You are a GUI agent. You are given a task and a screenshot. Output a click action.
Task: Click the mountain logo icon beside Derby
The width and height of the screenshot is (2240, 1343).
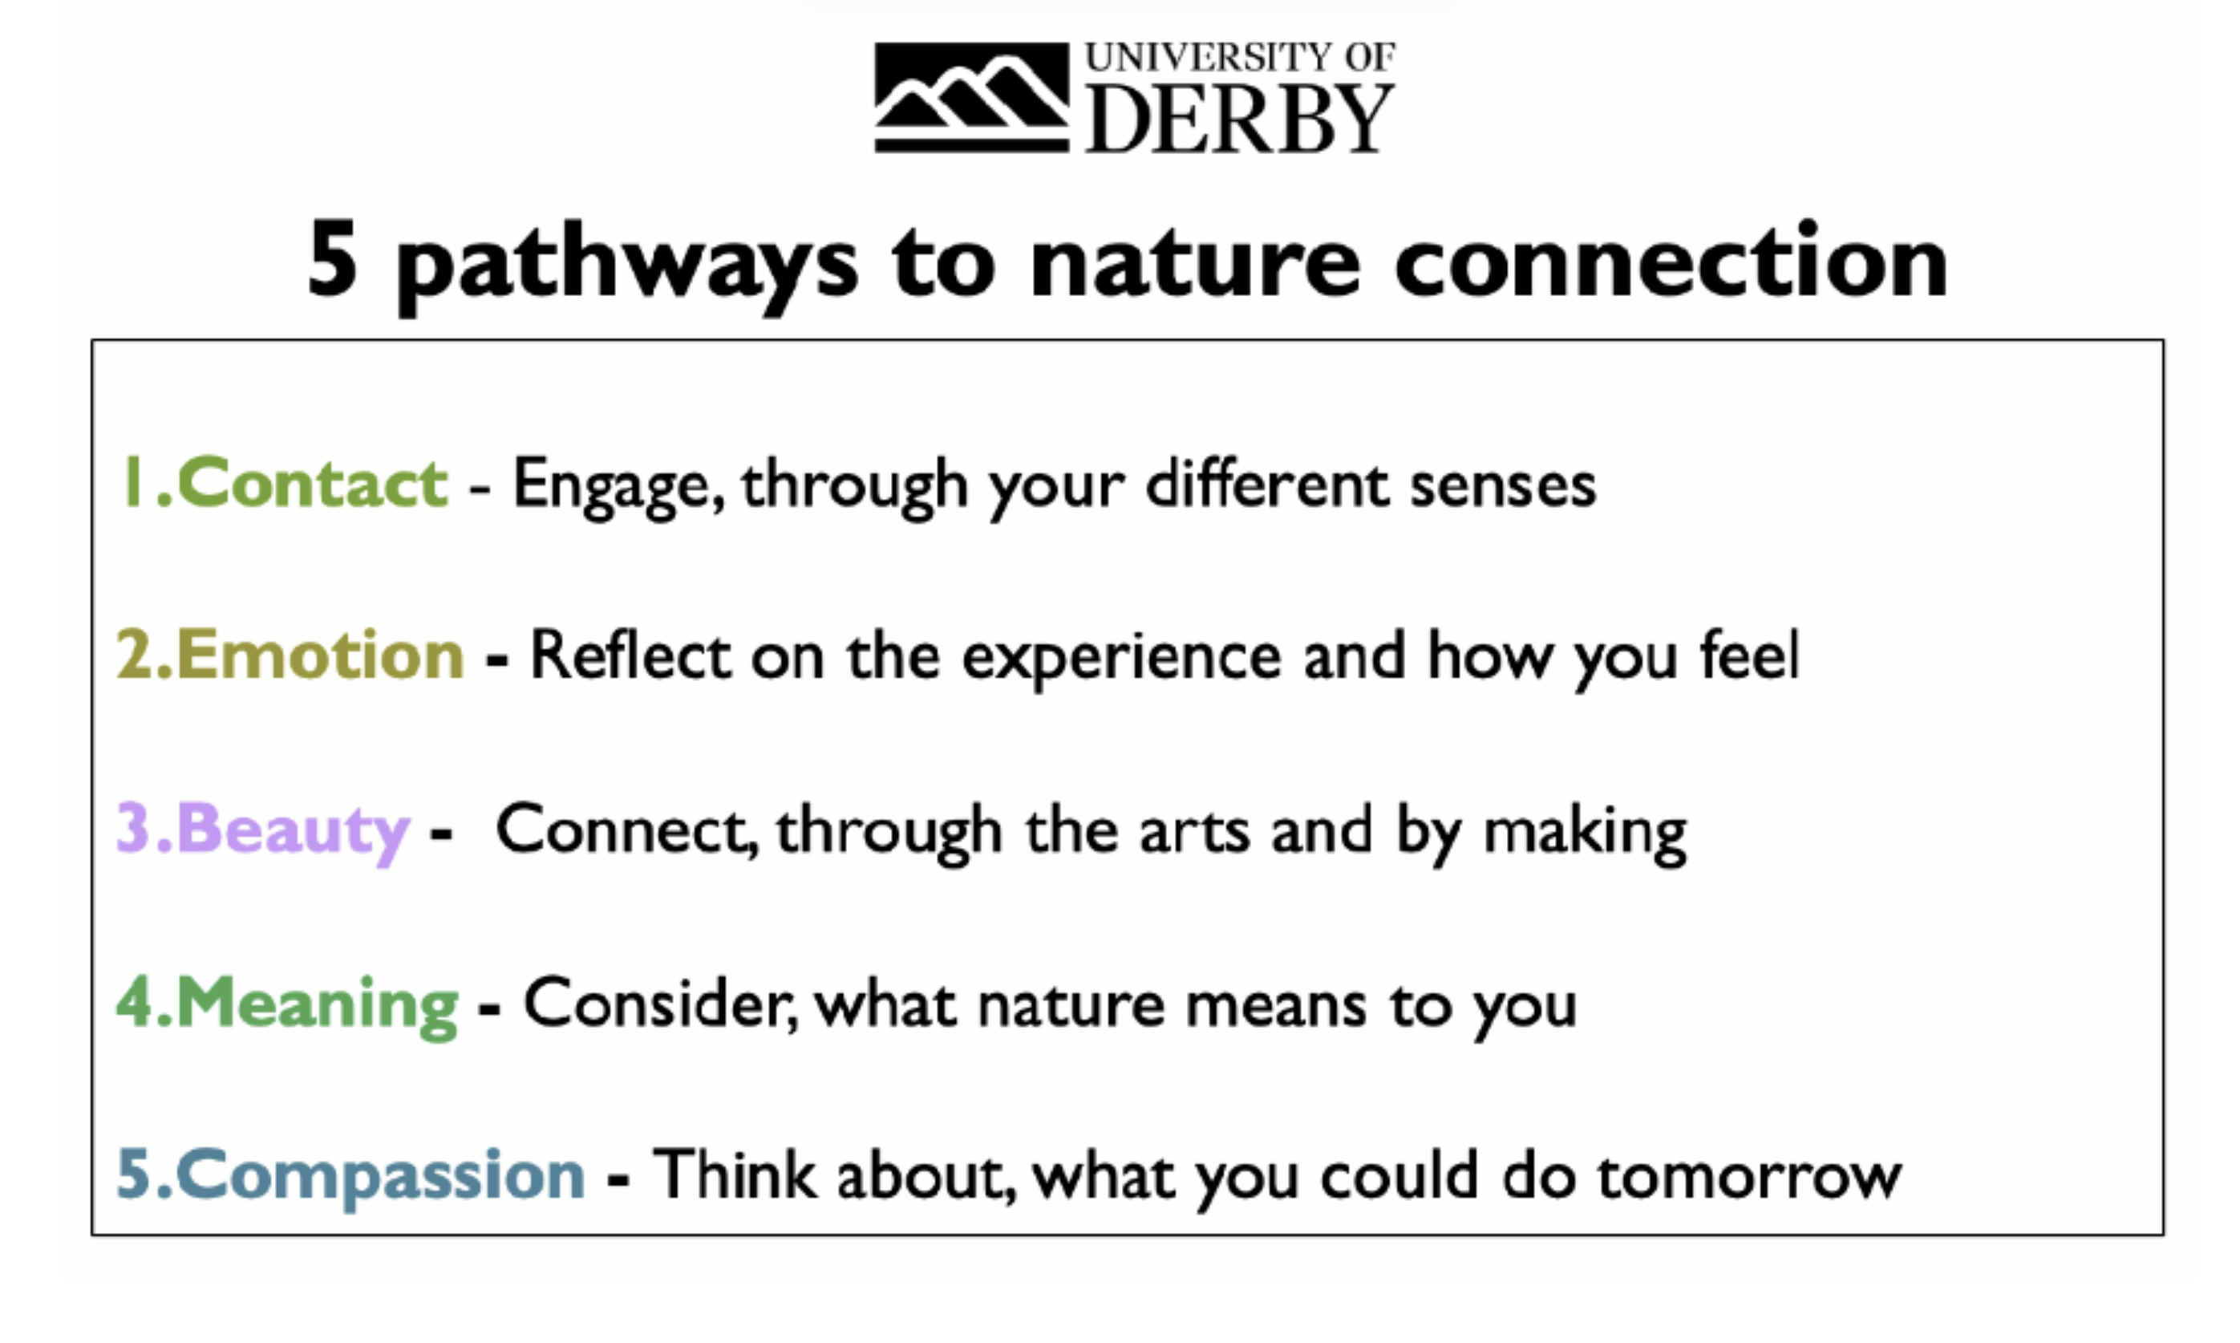(x=972, y=98)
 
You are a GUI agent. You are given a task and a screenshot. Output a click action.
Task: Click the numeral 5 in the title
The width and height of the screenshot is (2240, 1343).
(x=331, y=260)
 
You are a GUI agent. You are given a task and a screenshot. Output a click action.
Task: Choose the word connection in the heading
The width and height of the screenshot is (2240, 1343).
(x=1671, y=260)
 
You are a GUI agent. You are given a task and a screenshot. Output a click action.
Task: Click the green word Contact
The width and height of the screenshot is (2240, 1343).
(x=312, y=482)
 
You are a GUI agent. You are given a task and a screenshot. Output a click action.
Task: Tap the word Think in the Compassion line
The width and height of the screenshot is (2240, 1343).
(x=734, y=1175)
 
